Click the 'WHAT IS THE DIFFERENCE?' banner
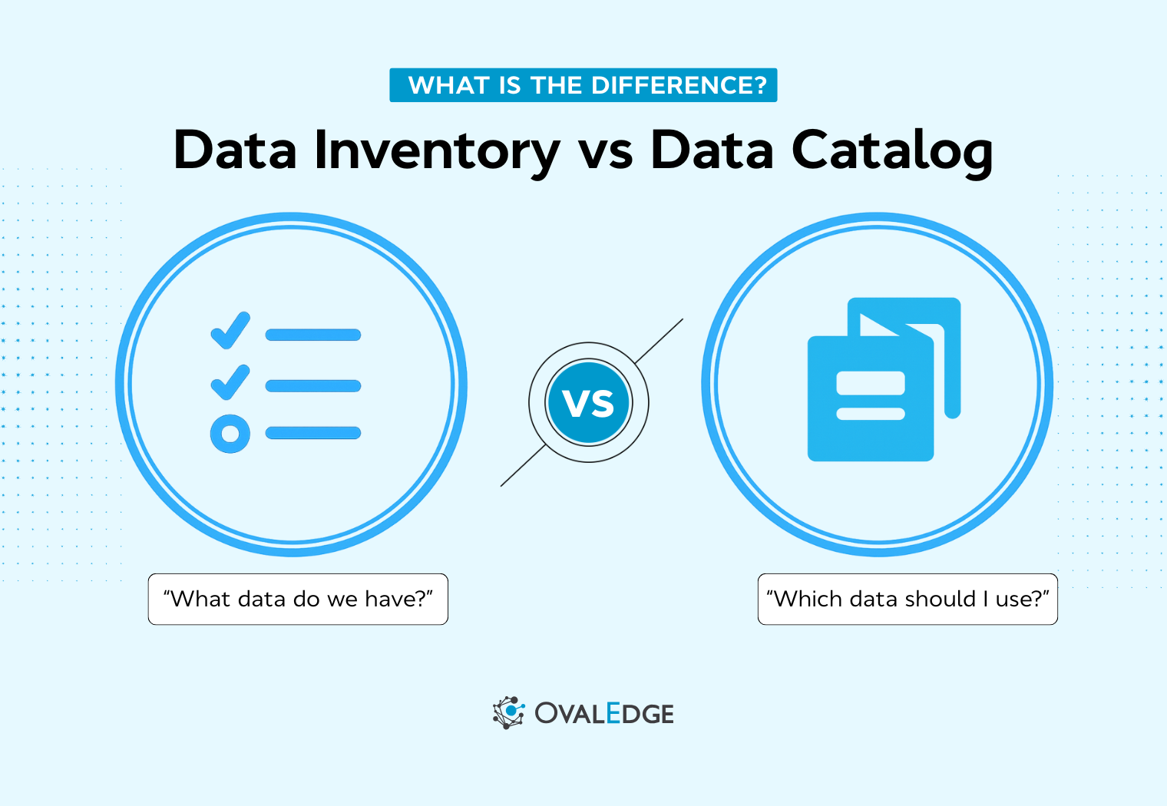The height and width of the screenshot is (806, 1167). [x=583, y=85]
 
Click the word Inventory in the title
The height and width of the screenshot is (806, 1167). [x=437, y=150]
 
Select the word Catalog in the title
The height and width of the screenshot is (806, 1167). [x=892, y=150]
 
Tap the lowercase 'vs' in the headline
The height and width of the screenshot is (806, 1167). [x=606, y=152]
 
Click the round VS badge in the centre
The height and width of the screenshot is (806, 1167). [x=589, y=402]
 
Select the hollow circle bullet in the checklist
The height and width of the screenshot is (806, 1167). [x=230, y=434]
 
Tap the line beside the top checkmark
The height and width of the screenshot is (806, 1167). [x=313, y=335]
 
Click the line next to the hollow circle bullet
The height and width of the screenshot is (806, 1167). [x=313, y=433]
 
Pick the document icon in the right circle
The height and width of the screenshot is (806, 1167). [x=883, y=380]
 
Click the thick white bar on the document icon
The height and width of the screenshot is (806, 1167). [x=871, y=383]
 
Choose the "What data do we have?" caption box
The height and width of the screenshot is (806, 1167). [x=298, y=599]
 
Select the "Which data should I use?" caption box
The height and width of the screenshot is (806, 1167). [x=907, y=599]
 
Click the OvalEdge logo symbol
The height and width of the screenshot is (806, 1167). [x=508, y=712]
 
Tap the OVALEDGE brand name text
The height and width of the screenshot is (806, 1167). [x=604, y=714]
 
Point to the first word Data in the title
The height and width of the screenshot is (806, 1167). [x=235, y=150]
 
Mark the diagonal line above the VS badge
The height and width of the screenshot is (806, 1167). [x=660, y=341]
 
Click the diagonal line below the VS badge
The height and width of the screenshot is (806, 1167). [x=522, y=467]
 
